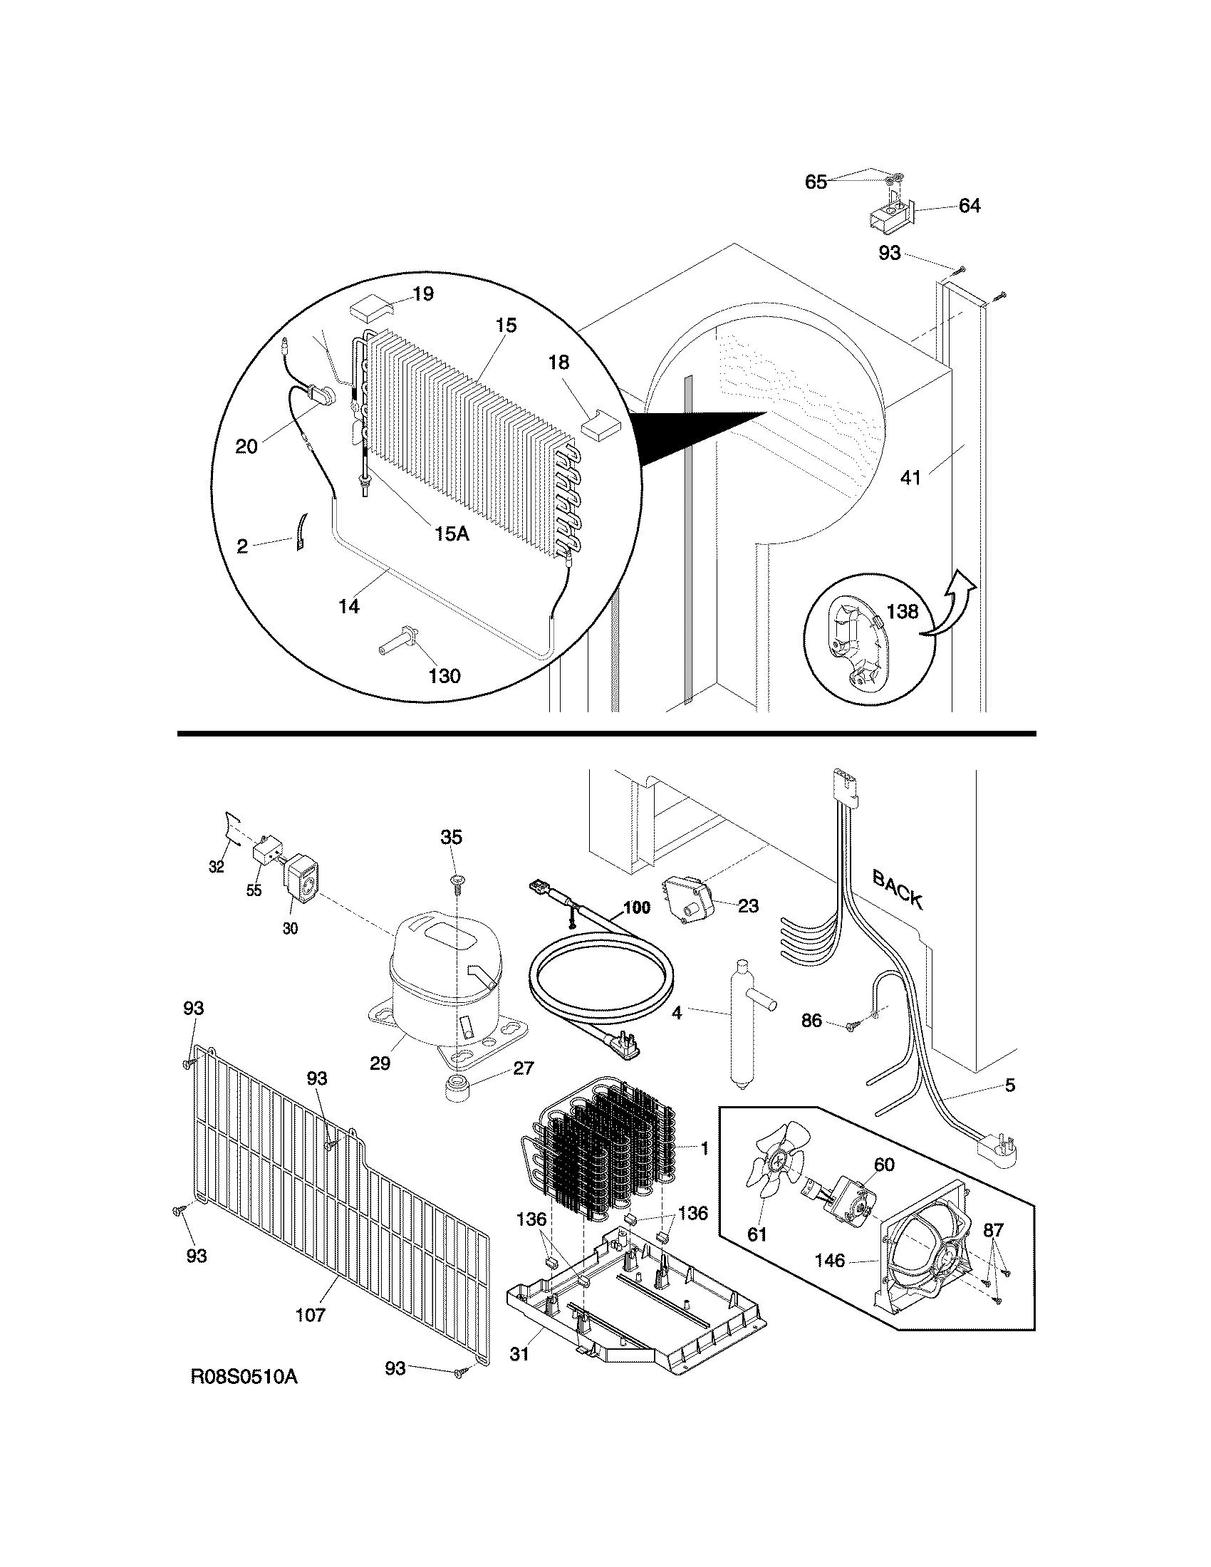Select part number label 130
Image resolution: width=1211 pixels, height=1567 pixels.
(444, 675)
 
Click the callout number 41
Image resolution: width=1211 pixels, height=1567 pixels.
(910, 477)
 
